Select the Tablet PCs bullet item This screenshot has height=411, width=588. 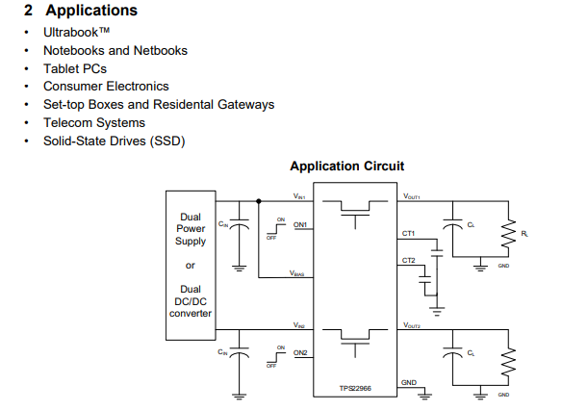[x=74, y=68]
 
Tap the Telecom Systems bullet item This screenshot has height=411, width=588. [x=94, y=122]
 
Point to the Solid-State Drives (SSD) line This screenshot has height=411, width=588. [x=114, y=141]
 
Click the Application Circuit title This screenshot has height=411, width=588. [x=347, y=167]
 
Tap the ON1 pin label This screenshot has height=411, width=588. [x=300, y=226]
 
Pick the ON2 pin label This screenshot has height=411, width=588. [x=300, y=352]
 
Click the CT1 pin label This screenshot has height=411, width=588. [x=408, y=234]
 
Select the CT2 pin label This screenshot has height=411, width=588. [x=408, y=261]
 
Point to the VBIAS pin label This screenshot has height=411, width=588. [x=298, y=273]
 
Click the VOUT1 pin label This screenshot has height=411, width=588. [x=412, y=196]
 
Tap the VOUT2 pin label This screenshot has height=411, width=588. [x=412, y=325]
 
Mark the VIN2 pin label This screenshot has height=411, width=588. [x=299, y=325]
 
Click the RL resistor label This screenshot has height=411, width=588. [x=524, y=233]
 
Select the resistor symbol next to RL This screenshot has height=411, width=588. [x=507, y=233]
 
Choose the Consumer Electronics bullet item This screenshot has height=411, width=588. [x=106, y=87]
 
